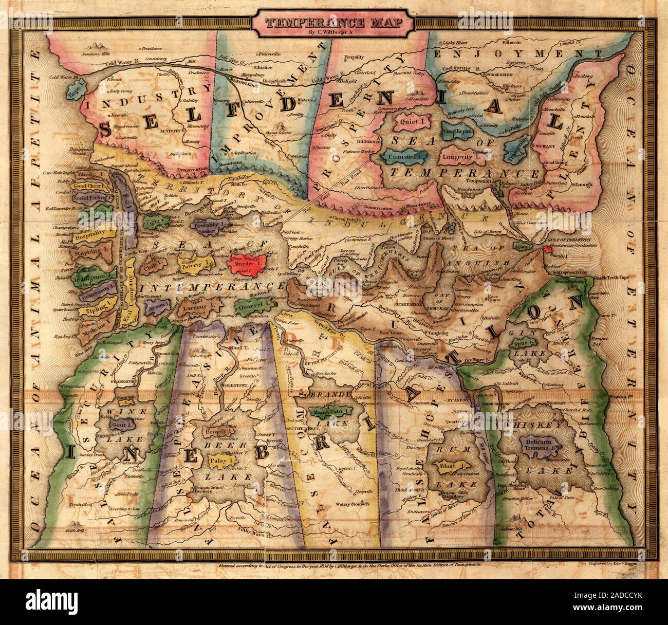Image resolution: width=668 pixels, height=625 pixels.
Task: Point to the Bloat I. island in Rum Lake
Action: coord(451,467)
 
